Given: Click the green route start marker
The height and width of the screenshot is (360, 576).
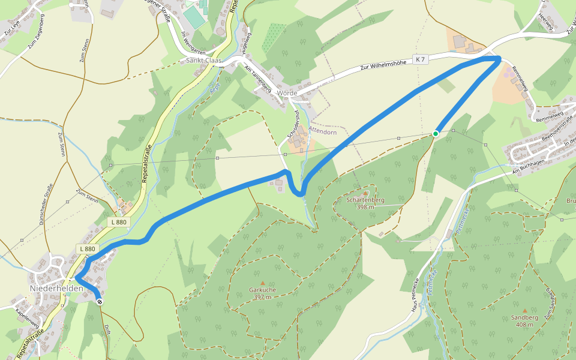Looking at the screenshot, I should [436, 133].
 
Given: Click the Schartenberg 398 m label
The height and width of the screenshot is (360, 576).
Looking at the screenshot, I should [365, 203].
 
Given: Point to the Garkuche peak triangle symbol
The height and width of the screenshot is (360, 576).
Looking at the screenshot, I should [262, 283].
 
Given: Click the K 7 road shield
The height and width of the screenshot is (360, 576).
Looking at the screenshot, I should [422, 59].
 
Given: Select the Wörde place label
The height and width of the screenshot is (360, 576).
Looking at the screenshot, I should [287, 93].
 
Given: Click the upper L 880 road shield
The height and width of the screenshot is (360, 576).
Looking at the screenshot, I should [119, 222].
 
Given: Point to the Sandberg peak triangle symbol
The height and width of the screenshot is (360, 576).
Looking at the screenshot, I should [524, 310].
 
